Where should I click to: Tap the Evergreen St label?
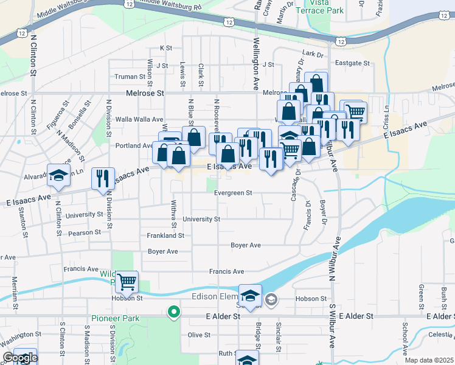(233, 193)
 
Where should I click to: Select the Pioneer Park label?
(115, 318)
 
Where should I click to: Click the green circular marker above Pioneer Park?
(174, 313)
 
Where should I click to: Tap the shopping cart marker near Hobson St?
(127, 282)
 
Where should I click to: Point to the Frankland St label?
(165, 235)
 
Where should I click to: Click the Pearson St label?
(85, 232)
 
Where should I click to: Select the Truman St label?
(131, 77)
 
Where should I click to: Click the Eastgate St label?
(352, 63)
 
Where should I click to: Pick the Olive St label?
(198, 335)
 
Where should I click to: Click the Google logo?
(20, 358)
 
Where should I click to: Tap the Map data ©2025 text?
(429, 360)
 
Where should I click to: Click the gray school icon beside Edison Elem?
(271, 299)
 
